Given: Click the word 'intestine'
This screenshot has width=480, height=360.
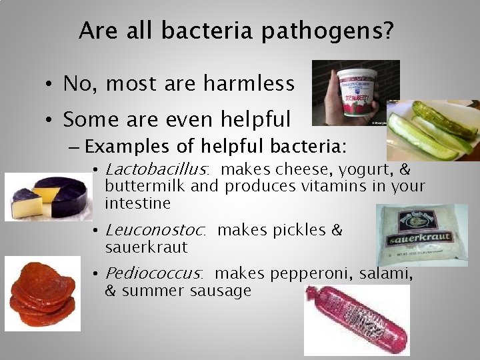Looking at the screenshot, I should [137, 203].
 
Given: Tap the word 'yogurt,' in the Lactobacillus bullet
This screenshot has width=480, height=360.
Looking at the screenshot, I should [371, 169].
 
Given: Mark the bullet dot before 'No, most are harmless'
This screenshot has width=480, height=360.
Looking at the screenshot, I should [50, 85].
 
